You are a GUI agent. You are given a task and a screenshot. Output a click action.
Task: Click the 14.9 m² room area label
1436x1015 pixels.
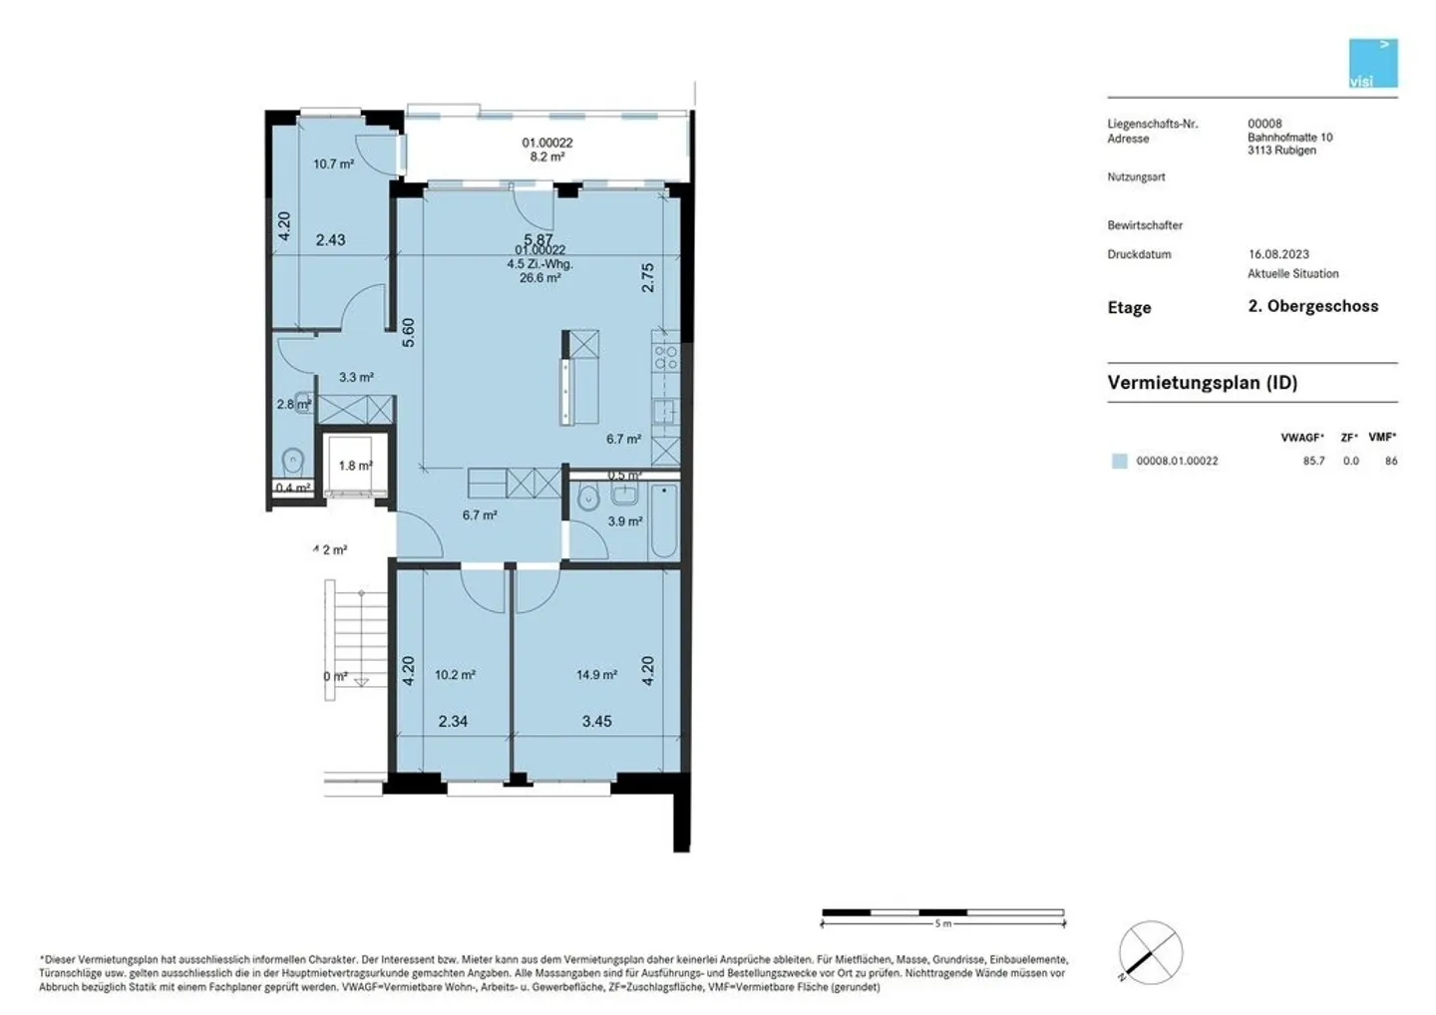pyautogui.click(x=596, y=675)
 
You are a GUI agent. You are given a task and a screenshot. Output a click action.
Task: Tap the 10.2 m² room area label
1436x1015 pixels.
pyautogui.click(x=455, y=675)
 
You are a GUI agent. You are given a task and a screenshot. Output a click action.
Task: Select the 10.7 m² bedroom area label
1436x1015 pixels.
pyautogui.click(x=333, y=165)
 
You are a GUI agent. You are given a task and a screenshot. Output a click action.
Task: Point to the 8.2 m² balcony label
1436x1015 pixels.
pyautogui.click(x=547, y=157)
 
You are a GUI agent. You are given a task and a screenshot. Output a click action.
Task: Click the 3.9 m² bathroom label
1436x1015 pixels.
pyautogui.click(x=625, y=521)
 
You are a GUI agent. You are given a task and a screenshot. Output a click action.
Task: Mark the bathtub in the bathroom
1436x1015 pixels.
pyautogui.click(x=664, y=520)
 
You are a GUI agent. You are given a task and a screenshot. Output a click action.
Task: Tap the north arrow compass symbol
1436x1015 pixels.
pyautogui.click(x=1150, y=952)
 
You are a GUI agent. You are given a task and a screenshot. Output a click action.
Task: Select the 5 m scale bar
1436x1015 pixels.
pyautogui.click(x=942, y=913)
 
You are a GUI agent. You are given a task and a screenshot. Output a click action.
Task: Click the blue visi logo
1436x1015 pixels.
pyautogui.click(x=1373, y=64)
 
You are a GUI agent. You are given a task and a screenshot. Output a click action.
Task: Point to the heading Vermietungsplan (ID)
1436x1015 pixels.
pyautogui.click(x=1202, y=383)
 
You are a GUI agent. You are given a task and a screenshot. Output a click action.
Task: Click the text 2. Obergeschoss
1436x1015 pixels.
pyautogui.click(x=1312, y=307)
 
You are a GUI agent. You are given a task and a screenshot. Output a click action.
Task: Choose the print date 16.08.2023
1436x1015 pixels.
pyautogui.click(x=1278, y=254)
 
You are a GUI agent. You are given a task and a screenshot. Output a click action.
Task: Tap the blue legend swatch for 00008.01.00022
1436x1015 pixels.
pyautogui.click(x=1120, y=462)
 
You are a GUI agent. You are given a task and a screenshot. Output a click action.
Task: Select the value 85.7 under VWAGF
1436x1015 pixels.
pyautogui.click(x=1313, y=462)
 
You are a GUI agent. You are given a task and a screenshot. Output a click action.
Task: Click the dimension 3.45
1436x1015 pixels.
pyautogui.click(x=596, y=722)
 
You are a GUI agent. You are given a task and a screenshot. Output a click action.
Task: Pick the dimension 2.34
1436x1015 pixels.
pyautogui.click(x=453, y=722)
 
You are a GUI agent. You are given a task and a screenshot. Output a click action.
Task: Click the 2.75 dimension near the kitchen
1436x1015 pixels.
pyautogui.click(x=648, y=277)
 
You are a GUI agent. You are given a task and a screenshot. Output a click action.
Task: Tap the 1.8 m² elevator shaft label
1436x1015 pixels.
pyautogui.click(x=355, y=466)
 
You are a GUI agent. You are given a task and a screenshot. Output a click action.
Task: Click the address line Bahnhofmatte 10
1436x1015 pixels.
pyautogui.click(x=1289, y=138)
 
